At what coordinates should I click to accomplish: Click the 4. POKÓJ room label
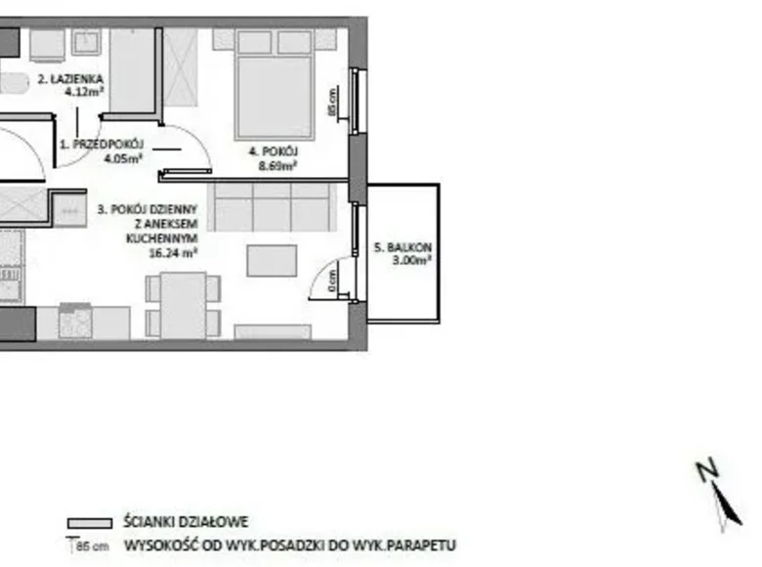[273, 153]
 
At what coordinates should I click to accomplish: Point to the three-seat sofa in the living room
[273, 205]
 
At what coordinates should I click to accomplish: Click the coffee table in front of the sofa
[272, 260]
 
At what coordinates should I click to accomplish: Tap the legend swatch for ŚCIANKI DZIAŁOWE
[89, 524]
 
